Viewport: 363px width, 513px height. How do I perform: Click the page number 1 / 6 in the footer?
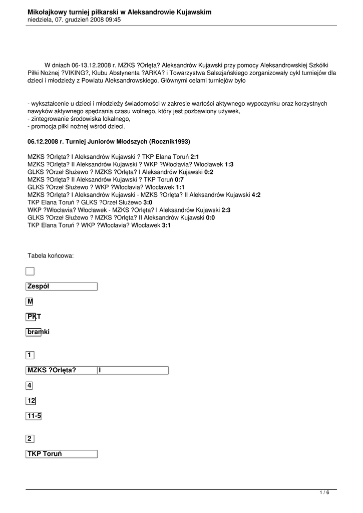coord(325,493)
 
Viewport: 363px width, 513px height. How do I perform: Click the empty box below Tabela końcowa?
coord(30,272)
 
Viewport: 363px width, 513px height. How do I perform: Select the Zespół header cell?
coord(61,287)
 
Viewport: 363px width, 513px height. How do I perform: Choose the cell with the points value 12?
coord(31,401)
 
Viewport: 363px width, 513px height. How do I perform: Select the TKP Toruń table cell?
coord(61,454)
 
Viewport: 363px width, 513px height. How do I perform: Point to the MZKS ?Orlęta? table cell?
coord(61,370)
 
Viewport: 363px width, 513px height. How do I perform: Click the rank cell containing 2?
coord(30,439)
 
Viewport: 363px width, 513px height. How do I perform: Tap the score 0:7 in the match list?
coord(179,179)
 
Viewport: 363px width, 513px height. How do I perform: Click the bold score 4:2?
coord(256,195)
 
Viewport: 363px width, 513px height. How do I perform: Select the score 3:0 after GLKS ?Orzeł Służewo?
coord(148,202)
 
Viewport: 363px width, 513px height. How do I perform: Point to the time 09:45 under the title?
coord(113,20)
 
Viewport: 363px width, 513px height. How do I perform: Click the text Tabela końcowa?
coord(51,256)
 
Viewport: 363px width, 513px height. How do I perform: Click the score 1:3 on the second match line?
coord(229,164)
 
